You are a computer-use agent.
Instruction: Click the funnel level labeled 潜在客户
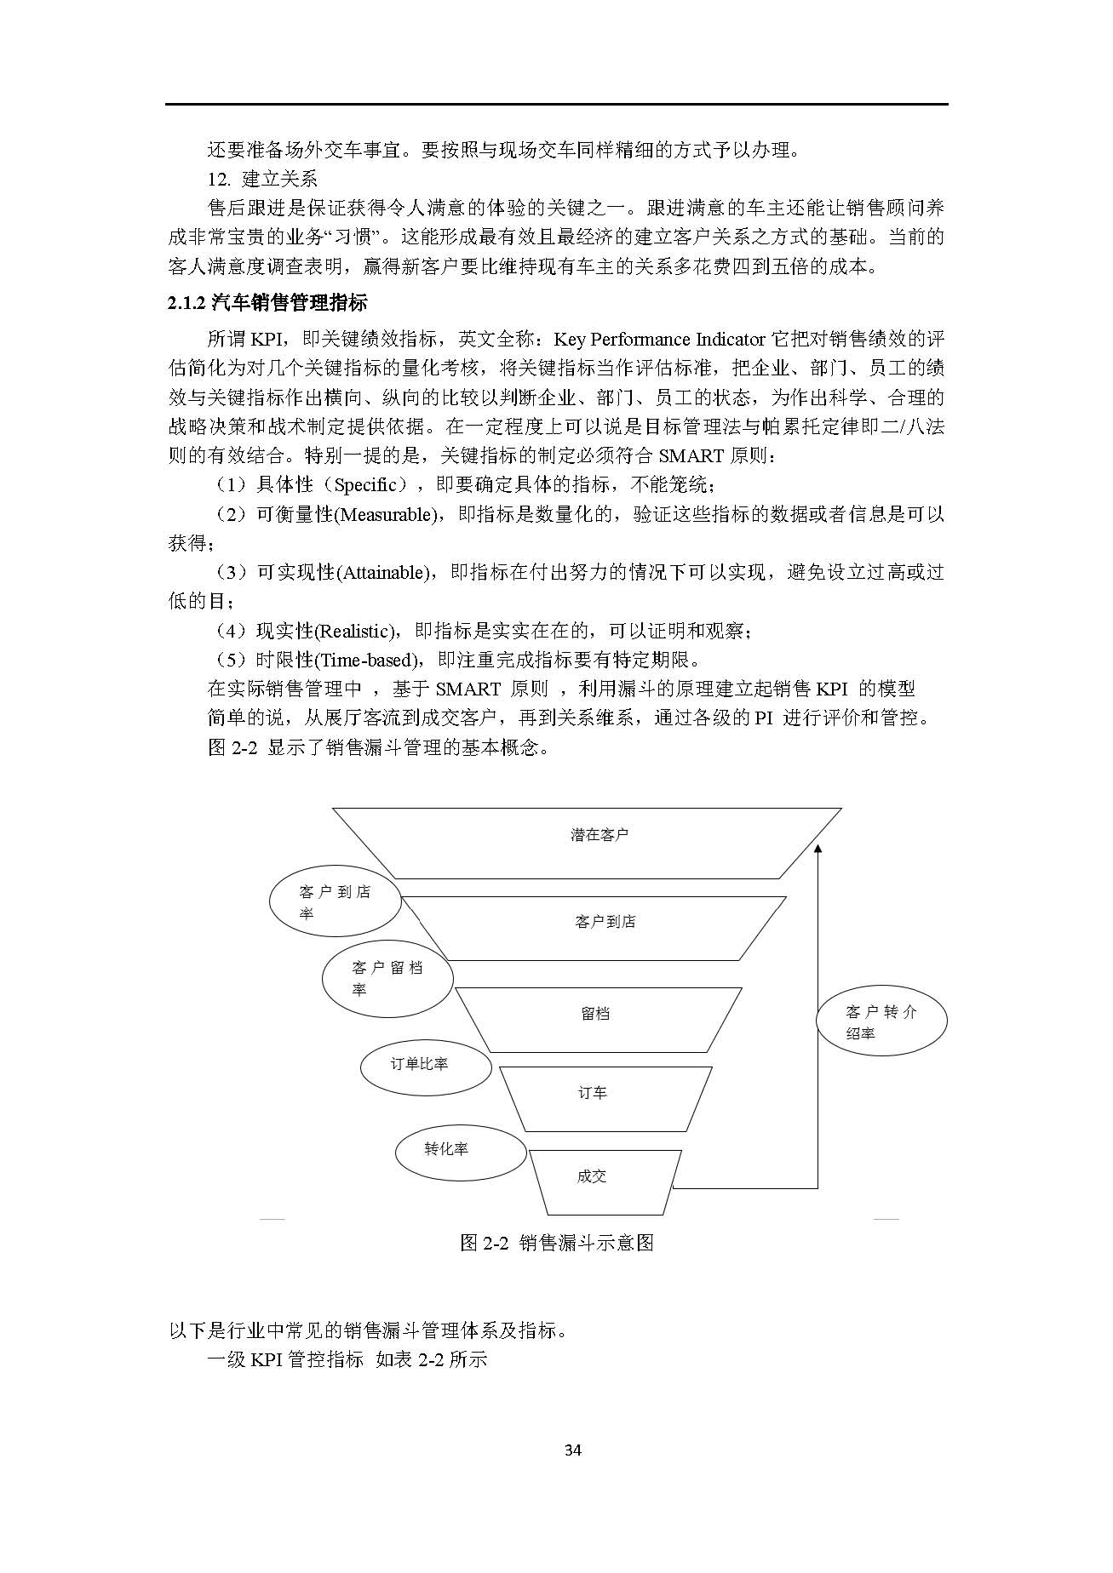(600, 835)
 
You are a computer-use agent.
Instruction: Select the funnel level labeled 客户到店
(605, 922)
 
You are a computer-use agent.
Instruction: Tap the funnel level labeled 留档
(595, 1014)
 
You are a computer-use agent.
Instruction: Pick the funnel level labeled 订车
(593, 1093)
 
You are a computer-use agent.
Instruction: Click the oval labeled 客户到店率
(335, 902)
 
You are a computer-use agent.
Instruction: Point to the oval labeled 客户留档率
(387, 978)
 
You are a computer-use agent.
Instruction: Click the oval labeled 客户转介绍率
(881, 1021)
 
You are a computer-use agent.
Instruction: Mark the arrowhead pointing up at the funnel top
(818, 849)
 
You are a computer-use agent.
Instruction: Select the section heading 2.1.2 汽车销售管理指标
(267, 302)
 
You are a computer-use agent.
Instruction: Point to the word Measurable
(387, 515)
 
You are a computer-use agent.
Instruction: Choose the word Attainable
(386, 573)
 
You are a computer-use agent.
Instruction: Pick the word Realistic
(355, 631)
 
